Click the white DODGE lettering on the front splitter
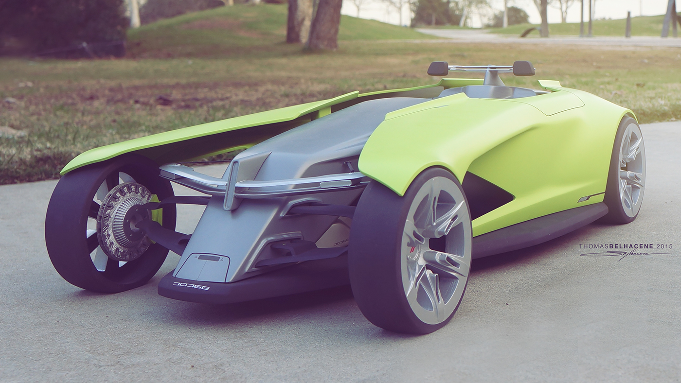pyautogui.click(x=191, y=286)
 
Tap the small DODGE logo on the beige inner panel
pyautogui.click(x=341, y=242)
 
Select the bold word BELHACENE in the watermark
pyautogui.click(x=629, y=246)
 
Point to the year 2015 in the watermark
pyautogui.click(x=664, y=246)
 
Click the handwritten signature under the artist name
pyautogui.click(x=625, y=255)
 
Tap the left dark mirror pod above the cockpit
pyautogui.click(x=438, y=69)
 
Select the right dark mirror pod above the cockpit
pyautogui.click(x=523, y=68)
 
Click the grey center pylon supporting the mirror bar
pyautogui.click(x=491, y=78)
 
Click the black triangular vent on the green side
pyautogui.click(x=486, y=194)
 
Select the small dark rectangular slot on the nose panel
pyautogui.click(x=209, y=258)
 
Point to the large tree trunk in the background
pyautogui.click(x=324, y=24)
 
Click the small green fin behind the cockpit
pyautogui.click(x=550, y=84)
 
